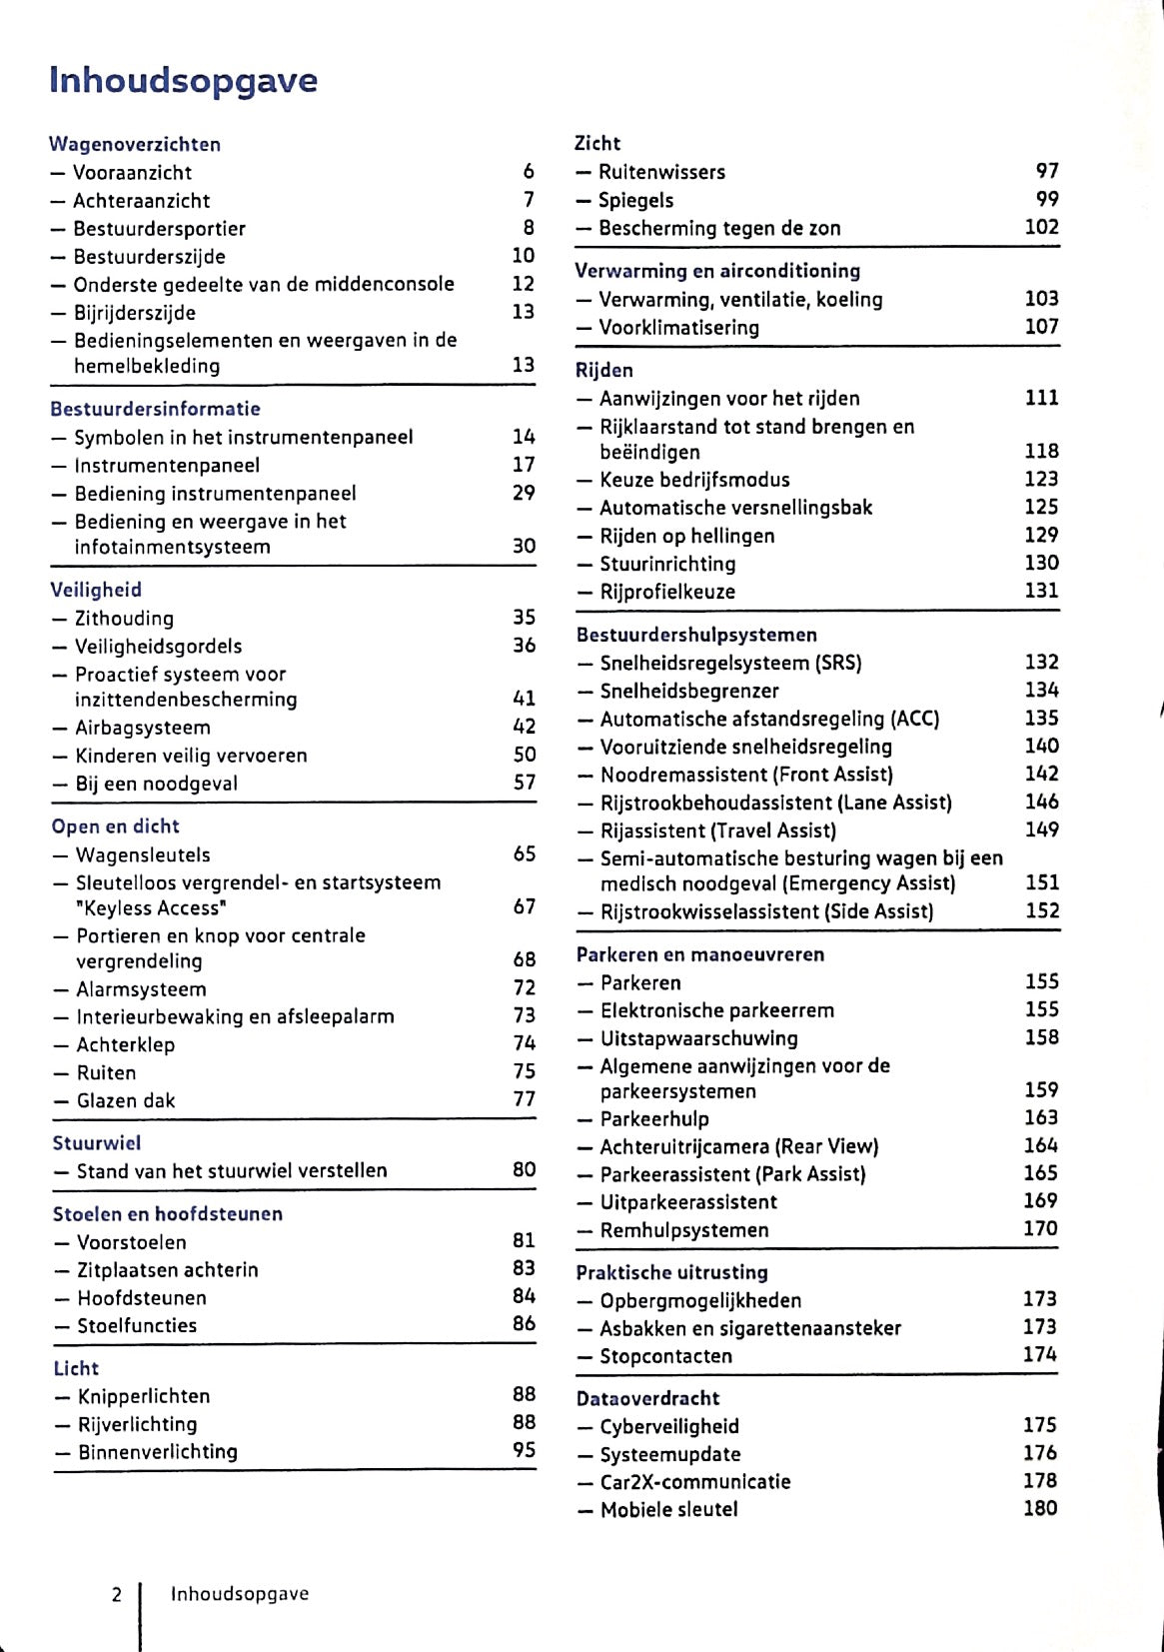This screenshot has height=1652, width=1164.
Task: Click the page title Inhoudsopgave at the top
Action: tap(183, 80)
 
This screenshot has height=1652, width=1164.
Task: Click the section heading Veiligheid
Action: tap(96, 590)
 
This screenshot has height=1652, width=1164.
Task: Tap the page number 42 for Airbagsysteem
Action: tap(525, 727)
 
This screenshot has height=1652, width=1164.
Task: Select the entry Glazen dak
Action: tap(126, 1100)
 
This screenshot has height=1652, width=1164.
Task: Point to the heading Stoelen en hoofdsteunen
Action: tap(168, 1213)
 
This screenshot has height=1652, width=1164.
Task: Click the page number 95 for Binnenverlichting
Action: tap(525, 1449)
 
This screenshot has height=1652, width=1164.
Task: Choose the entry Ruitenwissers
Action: tap(661, 172)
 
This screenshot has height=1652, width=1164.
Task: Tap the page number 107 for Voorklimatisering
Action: tap(1041, 326)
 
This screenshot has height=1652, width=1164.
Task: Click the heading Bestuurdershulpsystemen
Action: tap(696, 635)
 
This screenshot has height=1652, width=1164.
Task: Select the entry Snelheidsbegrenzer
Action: tap(689, 691)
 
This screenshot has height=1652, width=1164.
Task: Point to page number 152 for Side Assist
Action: tap(1042, 910)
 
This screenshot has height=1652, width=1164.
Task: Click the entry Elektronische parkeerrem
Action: tap(716, 1010)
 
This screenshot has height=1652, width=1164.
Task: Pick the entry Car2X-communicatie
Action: tap(694, 1481)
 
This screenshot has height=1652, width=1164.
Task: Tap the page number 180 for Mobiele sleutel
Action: tap(1040, 1507)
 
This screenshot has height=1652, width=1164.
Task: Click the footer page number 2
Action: tap(116, 1594)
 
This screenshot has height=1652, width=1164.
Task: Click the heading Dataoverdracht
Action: tap(647, 1398)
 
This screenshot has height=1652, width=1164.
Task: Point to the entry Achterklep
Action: tap(126, 1044)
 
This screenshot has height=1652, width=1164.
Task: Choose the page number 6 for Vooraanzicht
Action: tap(529, 172)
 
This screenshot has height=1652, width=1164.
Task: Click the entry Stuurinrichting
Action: tap(667, 564)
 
